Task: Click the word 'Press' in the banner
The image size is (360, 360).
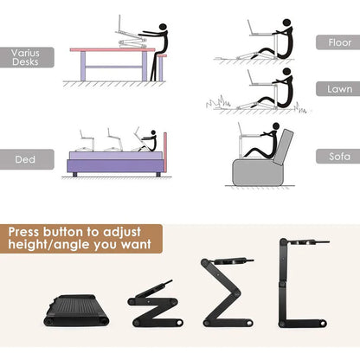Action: tap(33, 233)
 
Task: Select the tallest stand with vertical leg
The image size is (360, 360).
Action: tap(299, 286)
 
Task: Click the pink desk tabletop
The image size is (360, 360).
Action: tap(112, 50)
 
